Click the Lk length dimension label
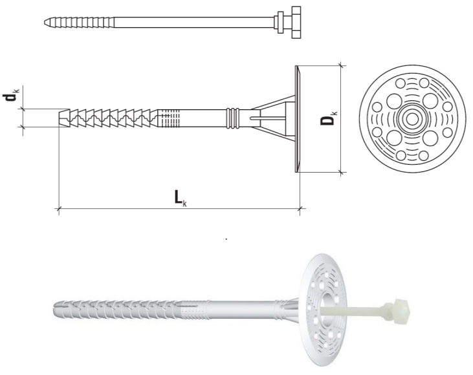point(181,198)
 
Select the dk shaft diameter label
point(11,95)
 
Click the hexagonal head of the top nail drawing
point(296,23)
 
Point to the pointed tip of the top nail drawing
point(45,23)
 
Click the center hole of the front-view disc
point(412,119)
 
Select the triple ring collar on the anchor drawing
point(232,118)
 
